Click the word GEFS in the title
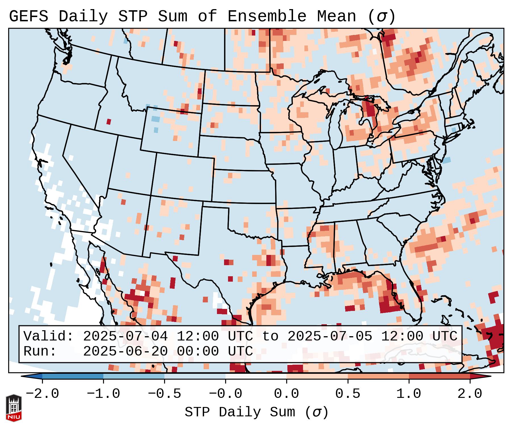(x=28, y=16)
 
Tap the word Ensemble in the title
(x=267, y=16)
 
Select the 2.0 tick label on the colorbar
(x=470, y=394)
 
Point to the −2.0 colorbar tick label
(x=42, y=394)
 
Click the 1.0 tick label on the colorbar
(x=409, y=394)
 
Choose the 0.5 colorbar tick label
(x=348, y=394)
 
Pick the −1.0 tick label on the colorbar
(x=103, y=394)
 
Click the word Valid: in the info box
(x=48, y=336)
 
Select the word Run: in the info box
(x=40, y=351)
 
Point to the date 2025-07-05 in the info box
(x=330, y=336)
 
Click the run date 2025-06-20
(x=125, y=351)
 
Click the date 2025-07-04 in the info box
(x=125, y=336)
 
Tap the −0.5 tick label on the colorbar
(x=164, y=394)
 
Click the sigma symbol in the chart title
(x=381, y=16)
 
